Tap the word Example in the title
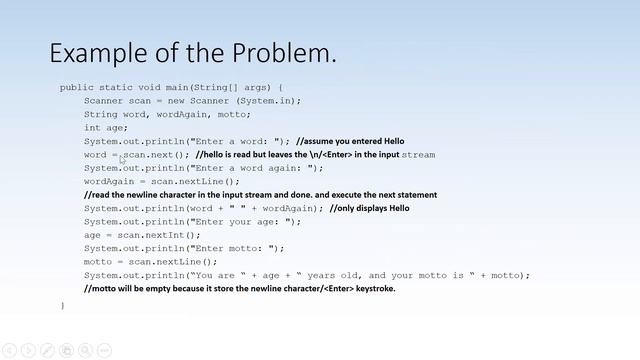coord(98,53)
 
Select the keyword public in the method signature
coord(77,87)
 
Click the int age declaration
coord(106,128)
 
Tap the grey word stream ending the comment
coord(418,155)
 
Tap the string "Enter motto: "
coord(239,248)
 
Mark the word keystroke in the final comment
coord(368,288)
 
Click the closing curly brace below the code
coord(62,305)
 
